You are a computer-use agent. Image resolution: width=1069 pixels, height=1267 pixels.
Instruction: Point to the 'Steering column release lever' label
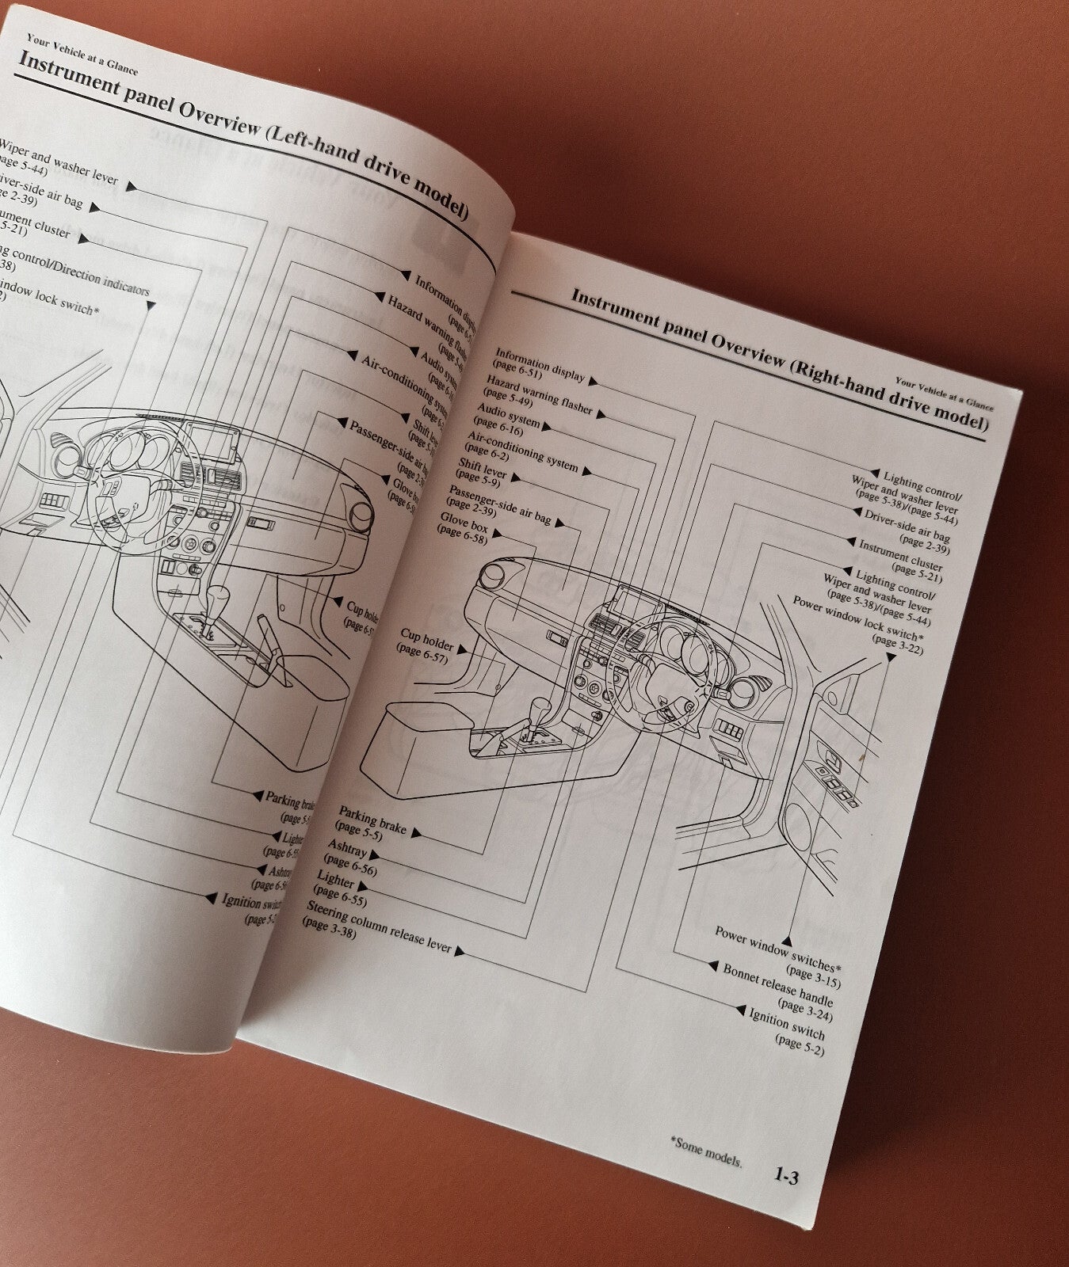coord(377,926)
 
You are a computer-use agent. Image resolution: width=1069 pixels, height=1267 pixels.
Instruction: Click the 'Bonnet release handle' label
coord(777,985)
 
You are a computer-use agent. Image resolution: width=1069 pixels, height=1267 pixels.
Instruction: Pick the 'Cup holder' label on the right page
coord(426,640)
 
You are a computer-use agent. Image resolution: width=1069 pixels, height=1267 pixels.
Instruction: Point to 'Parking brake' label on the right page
coord(372,821)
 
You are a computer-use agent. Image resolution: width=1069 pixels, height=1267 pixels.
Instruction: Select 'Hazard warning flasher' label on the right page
coord(539,396)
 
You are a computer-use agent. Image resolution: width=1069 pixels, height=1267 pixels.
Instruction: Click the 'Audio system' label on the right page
coord(508,415)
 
